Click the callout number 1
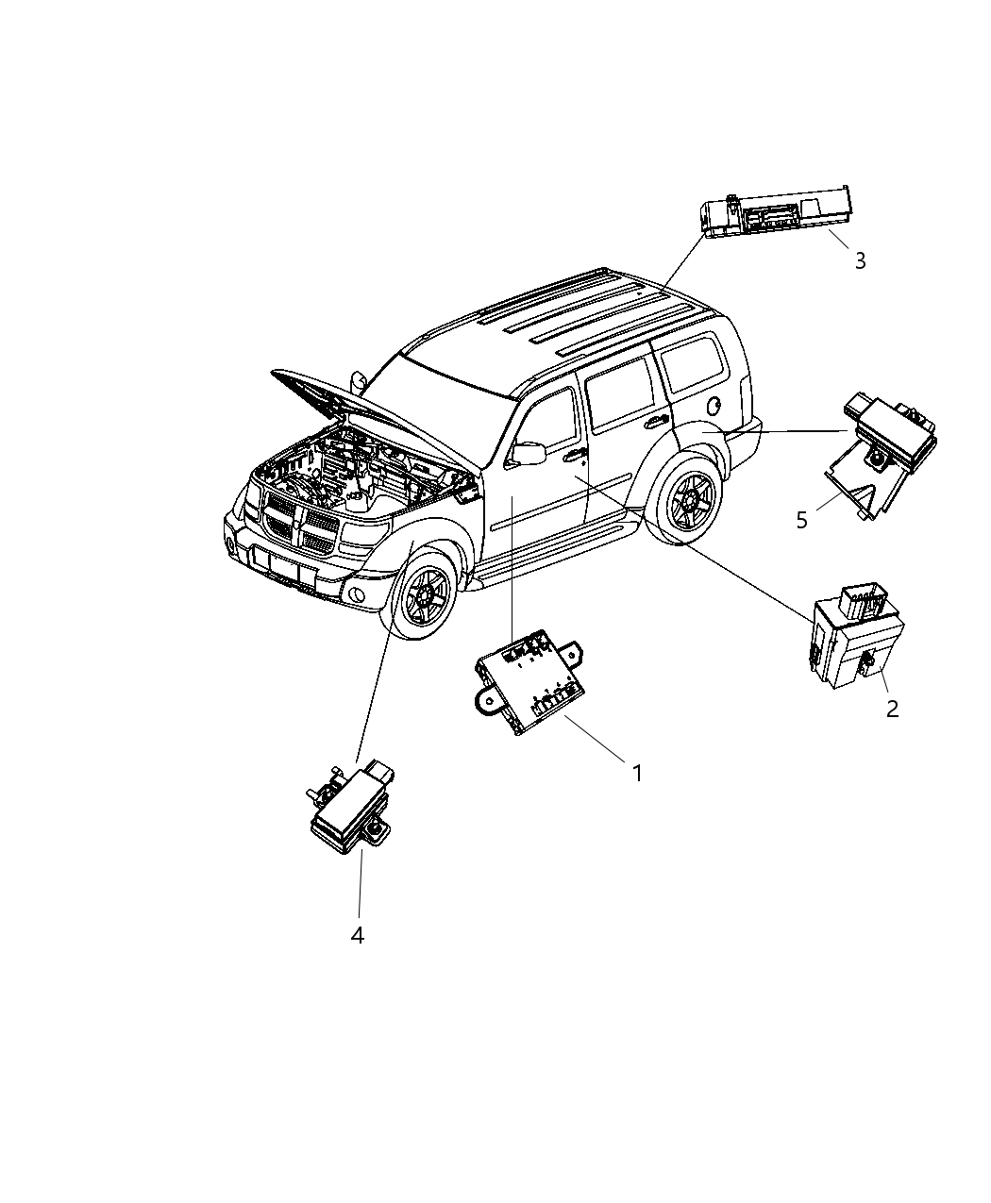pos(637,773)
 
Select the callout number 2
pos(892,708)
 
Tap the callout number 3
pos(860,260)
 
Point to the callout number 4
pos(357,935)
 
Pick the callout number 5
pos(802,520)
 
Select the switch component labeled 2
pos(854,637)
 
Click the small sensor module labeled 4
pos(349,807)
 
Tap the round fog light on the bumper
pos(356,594)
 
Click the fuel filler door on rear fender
pos(715,407)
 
